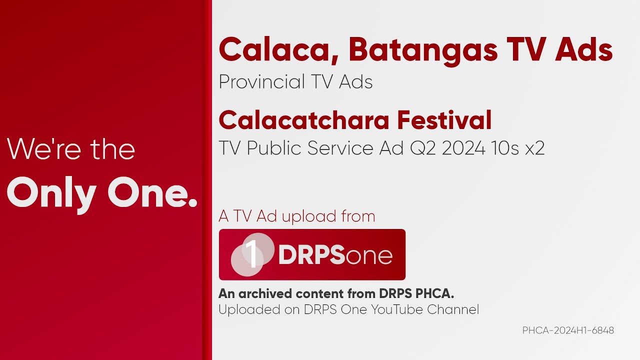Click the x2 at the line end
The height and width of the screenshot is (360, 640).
(x=534, y=148)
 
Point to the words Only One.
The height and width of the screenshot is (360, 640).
(x=102, y=194)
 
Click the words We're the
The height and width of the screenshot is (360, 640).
(x=71, y=149)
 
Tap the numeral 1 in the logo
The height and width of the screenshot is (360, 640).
(x=253, y=254)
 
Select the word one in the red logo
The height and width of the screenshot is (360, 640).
(x=369, y=256)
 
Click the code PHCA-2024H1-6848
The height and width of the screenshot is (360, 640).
(x=568, y=330)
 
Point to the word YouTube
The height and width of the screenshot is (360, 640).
(x=397, y=309)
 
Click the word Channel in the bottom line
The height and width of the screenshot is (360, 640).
(x=453, y=309)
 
